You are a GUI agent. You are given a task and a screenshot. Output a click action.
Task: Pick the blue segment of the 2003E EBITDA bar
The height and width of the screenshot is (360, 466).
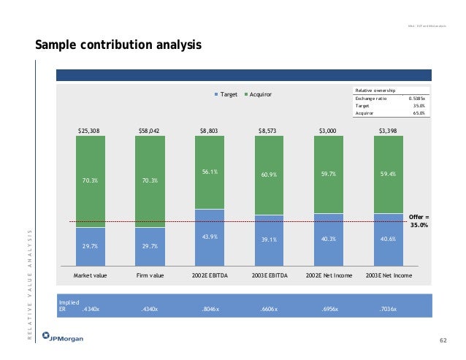pyautogui.click(x=270, y=237)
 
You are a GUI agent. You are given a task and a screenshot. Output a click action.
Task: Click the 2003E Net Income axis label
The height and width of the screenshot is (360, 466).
pyautogui.click(x=389, y=276)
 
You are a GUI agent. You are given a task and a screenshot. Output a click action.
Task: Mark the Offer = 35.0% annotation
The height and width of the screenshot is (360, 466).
pyautogui.click(x=419, y=221)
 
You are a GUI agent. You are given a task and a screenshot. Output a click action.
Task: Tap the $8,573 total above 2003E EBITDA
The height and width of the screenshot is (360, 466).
pyautogui.click(x=269, y=131)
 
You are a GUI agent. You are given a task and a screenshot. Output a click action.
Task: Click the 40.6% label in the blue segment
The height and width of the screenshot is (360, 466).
pyautogui.click(x=389, y=238)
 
